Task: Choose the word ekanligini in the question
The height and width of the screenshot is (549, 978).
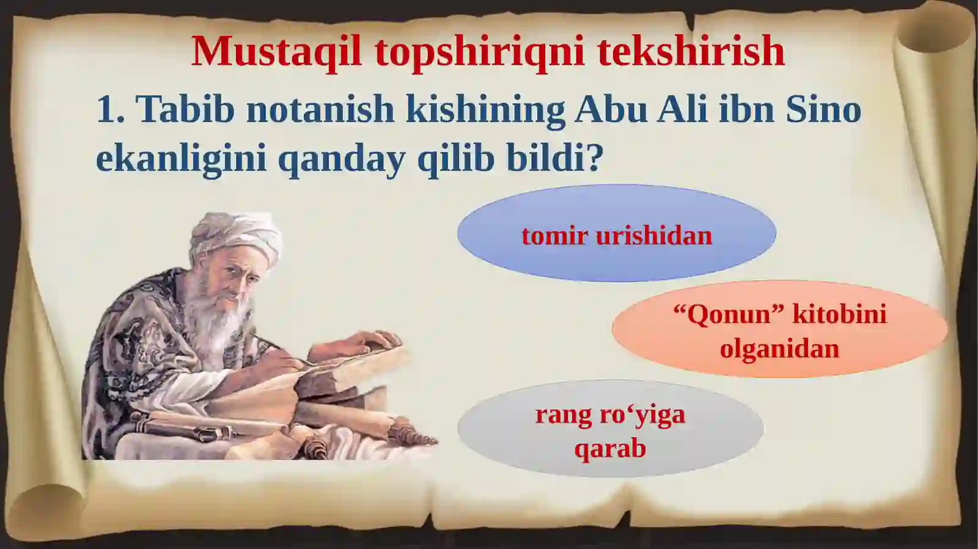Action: tap(181, 159)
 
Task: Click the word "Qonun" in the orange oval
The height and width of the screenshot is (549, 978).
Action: tap(728, 315)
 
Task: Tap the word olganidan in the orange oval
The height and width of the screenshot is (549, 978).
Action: tap(779, 349)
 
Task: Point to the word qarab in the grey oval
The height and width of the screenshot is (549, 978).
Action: tap(609, 449)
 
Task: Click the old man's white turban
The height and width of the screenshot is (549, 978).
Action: tap(235, 235)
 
